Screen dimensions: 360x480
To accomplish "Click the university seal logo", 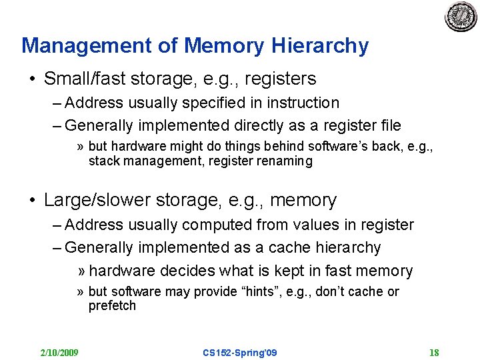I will point(461,17).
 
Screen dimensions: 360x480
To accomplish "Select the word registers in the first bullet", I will point(280,79).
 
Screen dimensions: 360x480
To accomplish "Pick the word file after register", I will point(389,125).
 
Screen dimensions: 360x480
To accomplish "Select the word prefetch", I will point(112,306).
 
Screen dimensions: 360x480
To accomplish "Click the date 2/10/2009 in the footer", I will point(59,352).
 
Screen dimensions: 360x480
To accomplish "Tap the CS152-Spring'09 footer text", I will point(239,352).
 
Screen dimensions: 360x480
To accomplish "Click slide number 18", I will point(434,352).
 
